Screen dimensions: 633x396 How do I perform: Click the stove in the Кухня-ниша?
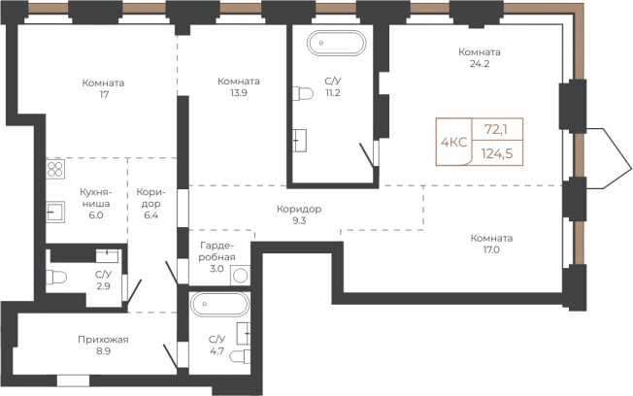[x=55, y=169]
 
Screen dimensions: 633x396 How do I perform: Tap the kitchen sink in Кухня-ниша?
[x=55, y=212]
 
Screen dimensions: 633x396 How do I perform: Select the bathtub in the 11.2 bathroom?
[x=336, y=43]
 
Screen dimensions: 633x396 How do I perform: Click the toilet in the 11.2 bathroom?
[x=303, y=93]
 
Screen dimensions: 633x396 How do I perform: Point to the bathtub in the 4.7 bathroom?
[x=220, y=304]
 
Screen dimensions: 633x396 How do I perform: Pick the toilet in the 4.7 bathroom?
[x=240, y=357]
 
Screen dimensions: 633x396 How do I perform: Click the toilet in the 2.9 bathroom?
[x=56, y=278]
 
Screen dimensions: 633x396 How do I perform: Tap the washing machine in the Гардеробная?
[x=240, y=276]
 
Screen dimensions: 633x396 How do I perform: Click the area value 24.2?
[x=480, y=63]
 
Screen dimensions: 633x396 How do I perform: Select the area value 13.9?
[x=239, y=92]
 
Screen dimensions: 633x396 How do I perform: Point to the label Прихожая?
[x=103, y=340]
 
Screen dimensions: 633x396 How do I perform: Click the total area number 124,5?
[x=497, y=153]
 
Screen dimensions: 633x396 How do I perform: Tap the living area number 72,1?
[x=496, y=130]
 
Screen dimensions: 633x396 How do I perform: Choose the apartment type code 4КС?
[x=453, y=142]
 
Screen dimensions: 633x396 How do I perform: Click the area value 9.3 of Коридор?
[x=299, y=220]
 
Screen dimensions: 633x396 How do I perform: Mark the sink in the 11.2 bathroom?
[x=299, y=140]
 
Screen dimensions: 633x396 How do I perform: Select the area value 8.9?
[x=103, y=350]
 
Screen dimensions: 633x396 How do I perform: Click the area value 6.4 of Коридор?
[x=150, y=215]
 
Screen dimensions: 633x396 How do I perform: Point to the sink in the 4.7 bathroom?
[x=244, y=334]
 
